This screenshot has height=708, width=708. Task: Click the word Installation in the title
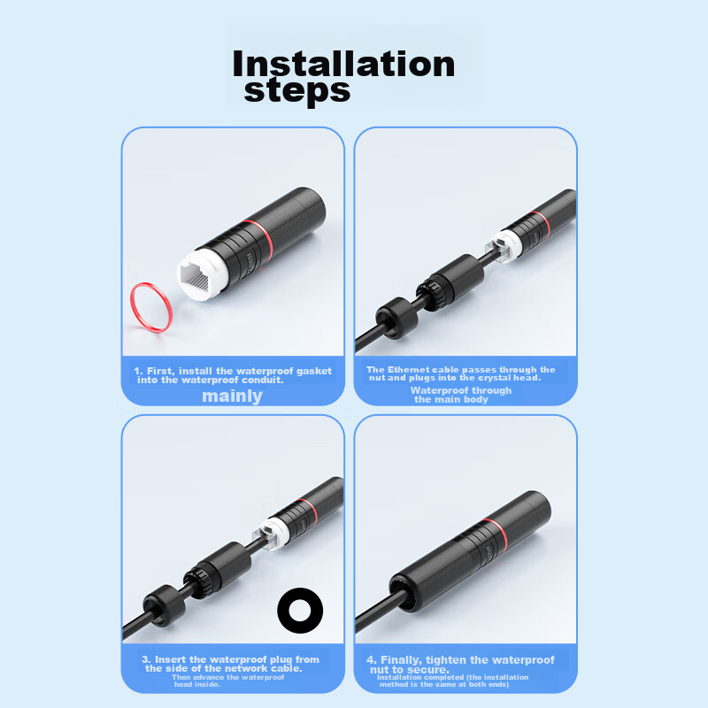tap(343, 65)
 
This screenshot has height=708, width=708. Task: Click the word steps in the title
tap(297, 91)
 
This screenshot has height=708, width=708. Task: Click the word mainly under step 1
tap(232, 396)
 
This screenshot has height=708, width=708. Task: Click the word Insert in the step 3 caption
tap(171, 659)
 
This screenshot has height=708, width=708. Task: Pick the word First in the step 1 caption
tap(160, 371)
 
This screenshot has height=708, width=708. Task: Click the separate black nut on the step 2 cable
tap(397, 318)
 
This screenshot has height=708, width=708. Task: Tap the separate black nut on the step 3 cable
tap(165, 605)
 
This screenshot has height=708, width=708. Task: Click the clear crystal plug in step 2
tap(499, 250)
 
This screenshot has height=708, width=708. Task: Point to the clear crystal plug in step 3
tap(266, 537)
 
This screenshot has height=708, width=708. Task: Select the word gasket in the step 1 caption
tap(314, 371)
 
